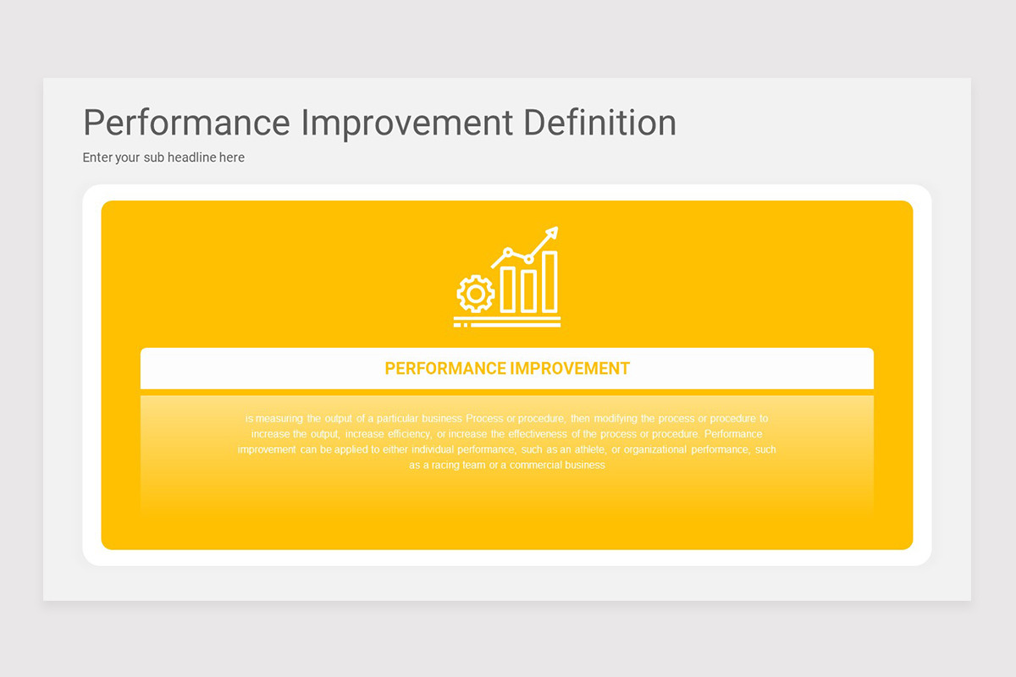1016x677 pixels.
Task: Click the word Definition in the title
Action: [x=599, y=123]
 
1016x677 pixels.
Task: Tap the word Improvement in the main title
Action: [x=406, y=123]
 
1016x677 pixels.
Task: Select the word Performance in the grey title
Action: [x=186, y=123]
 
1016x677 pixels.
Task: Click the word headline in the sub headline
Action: [x=191, y=157]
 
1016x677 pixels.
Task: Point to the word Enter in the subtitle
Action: [x=98, y=157]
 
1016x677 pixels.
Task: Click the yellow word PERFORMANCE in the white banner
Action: [x=444, y=369]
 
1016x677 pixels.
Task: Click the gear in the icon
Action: [x=475, y=294]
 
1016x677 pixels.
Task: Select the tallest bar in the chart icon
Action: [x=549, y=282]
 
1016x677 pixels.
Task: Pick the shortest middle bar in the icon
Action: [x=528, y=290]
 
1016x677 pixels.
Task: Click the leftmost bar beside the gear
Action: [x=508, y=289]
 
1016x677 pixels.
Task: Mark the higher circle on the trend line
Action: [x=508, y=251]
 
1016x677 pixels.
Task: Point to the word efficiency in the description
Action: [x=409, y=433]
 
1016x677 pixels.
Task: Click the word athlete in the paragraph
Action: [x=590, y=449]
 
